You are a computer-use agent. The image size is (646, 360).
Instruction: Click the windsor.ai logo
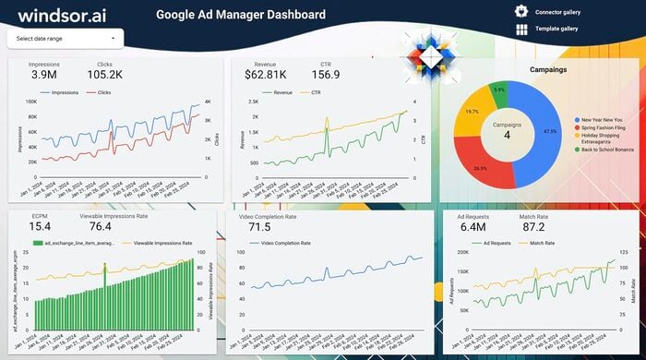pos(64,15)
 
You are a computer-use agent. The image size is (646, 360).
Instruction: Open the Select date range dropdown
pos(65,39)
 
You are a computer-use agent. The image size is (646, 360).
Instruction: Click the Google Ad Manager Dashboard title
pos(240,15)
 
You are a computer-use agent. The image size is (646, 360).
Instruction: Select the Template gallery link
pos(556,29)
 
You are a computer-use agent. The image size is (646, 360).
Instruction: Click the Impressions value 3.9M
pos(43,75)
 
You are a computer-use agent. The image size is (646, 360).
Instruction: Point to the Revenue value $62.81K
pos(265,75)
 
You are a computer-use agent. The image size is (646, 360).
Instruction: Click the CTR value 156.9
pos(325,75)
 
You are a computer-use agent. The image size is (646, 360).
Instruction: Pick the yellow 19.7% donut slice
pos(473,113)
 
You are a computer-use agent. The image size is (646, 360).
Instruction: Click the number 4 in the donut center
pos(507,136)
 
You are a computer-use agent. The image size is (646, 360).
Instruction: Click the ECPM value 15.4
pos(40,226)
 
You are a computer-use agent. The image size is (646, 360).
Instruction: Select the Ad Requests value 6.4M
pos(473,227)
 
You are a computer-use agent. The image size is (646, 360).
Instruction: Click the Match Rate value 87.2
pos(532,227)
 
